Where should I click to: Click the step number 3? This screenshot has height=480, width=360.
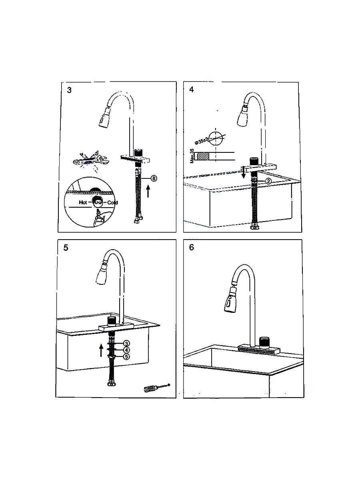click(69, 90)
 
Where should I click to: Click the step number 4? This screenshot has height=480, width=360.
click(192, 90)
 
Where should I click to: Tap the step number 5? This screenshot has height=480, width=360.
click(66, 248)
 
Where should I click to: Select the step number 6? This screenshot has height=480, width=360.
click(192, 247)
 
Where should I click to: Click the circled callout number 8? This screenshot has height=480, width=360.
click(154, 178)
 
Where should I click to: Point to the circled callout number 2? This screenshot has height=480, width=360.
click(269, 181)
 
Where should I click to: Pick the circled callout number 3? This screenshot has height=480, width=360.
click(126, 343)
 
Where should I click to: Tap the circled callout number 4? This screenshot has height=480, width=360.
click(126, 350)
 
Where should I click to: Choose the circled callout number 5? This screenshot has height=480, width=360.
click(126, 357)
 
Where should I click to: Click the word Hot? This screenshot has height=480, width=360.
click(83, 202)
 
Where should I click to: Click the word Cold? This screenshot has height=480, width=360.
click(112, 203)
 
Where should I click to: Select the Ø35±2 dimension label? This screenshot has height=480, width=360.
click(202, 140)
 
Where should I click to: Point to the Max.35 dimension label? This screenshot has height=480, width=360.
click(192, 156)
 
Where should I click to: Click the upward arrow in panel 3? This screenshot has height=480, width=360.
click(148, 191)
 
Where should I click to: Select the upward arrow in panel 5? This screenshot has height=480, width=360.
click(101, 350)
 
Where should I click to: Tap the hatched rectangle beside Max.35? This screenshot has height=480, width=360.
click(203, 156)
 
